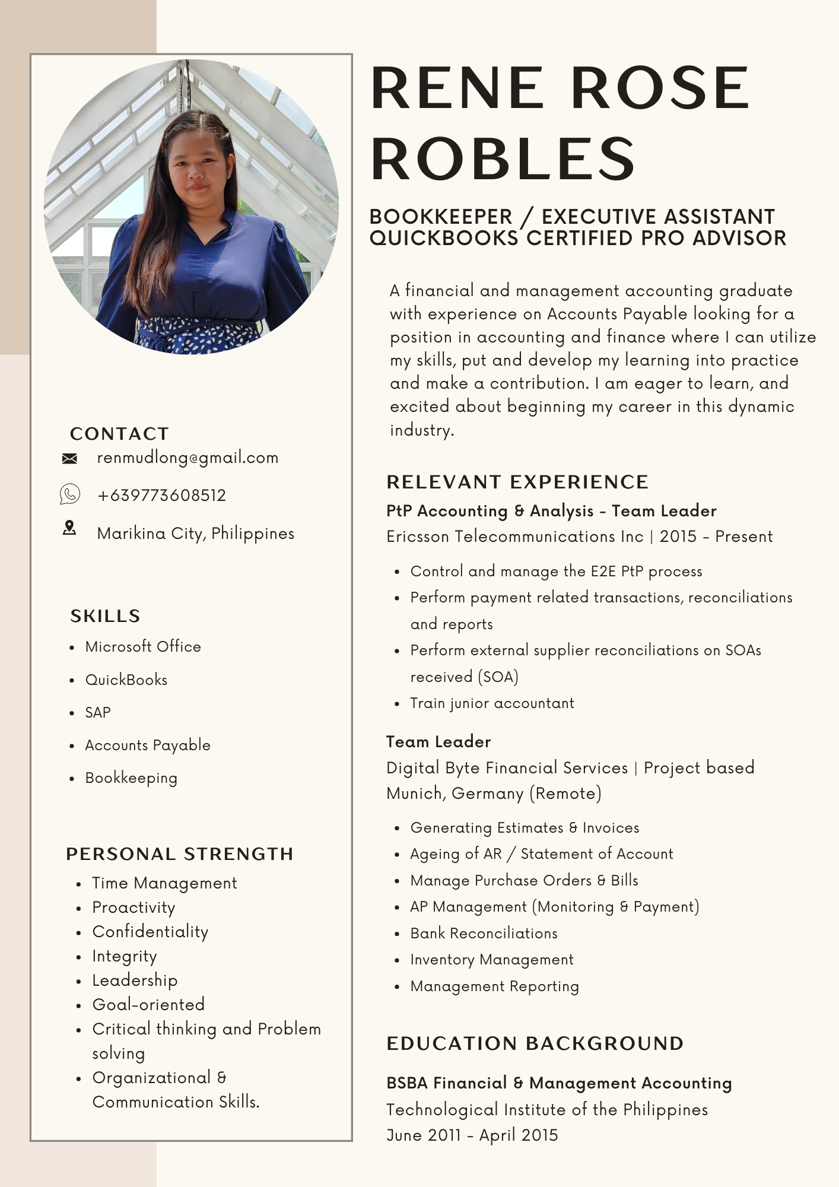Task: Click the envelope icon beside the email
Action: (69, 458)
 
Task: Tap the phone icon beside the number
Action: (69, 494)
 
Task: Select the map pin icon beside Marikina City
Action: (69, 528)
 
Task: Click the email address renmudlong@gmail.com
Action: (187, 458)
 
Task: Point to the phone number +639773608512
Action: (161, 496)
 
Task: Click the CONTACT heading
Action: (119, 434)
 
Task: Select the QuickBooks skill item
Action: (126, 680)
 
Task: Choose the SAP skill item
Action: (98, 713)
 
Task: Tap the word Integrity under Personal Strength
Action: (125, 956)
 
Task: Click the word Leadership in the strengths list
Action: (135, 980)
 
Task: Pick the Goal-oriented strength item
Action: (148, 1005)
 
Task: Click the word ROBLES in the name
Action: (503, 158)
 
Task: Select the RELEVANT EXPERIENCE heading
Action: (517, 482)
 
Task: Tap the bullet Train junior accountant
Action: (492, 703)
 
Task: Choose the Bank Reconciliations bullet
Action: (484, 934)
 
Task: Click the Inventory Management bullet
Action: (492, 960)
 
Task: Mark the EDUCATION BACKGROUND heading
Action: (535, 1043)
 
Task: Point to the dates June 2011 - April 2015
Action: (472, 1135)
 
